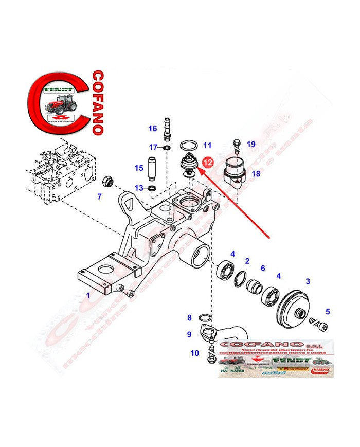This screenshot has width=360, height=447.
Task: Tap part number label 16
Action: [153, 128]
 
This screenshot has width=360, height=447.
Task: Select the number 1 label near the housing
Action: [88, 296]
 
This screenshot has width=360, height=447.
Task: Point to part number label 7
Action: [100, 196]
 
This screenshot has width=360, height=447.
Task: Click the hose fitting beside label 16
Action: [167, 129]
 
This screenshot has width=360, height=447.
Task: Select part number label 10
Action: [194, 353]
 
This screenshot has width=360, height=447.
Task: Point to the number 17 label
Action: [153, 148]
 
